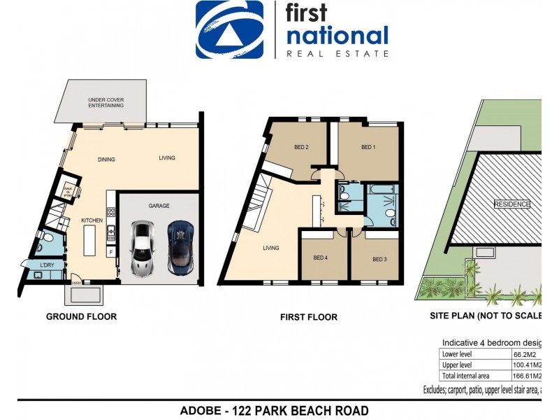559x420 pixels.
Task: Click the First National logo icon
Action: (x=229, y=29)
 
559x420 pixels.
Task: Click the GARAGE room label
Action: (x=159, y=206)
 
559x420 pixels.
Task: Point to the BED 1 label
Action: (x=368, y=147)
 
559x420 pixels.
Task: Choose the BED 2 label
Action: (x=301, y=147)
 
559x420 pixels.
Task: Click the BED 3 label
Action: (x=379, y=259)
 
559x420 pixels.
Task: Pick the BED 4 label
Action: (x=320, y=258)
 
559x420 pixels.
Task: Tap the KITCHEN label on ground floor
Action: (x=92, y=220)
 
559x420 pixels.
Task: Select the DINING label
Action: (x=106, y=159)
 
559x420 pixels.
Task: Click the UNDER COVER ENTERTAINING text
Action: (x=106, y=103)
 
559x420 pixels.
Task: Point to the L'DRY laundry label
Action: (x=47, y=265)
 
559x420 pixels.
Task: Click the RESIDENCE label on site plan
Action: (x=511, y=204)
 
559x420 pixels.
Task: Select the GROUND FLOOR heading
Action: (x=81, y=316)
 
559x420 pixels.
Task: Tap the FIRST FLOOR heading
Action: (x=308, y=317)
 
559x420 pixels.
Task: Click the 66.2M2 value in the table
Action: (x=525, y=354)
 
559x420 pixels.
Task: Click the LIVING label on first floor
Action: (x=271, y=248)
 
